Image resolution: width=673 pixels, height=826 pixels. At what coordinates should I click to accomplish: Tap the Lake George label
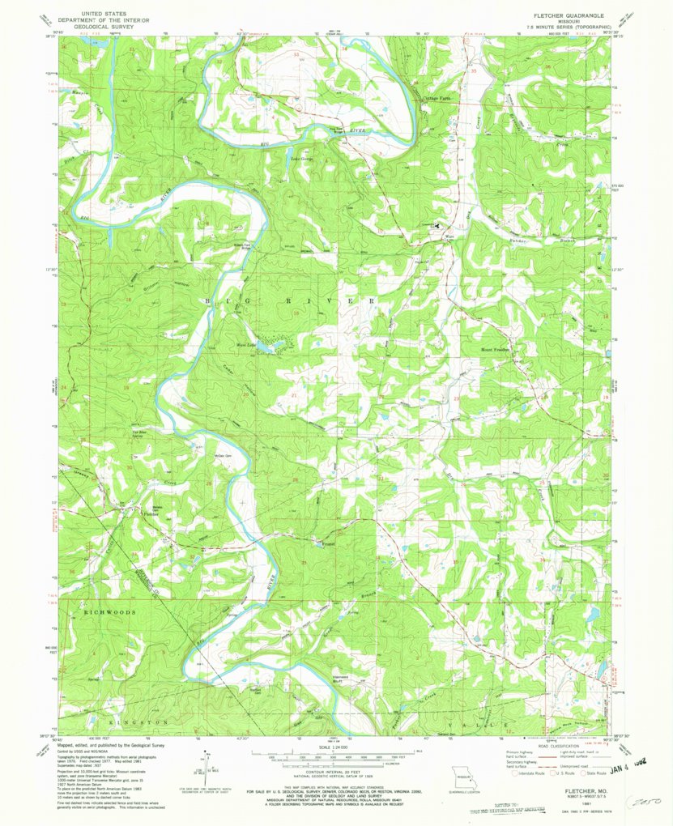click(303, 159)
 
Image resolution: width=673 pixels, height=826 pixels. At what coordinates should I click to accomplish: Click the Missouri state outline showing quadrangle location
click(462, 775)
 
